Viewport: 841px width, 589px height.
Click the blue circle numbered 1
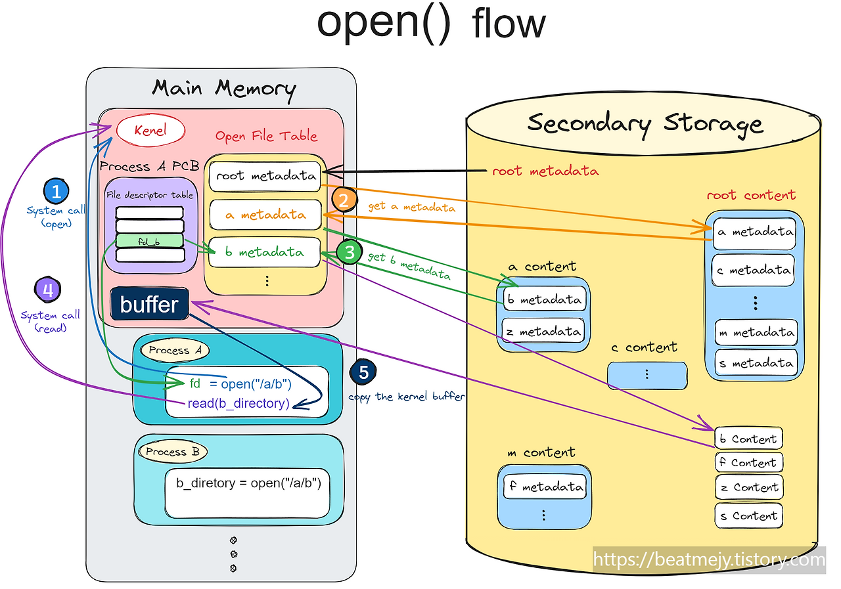click(56, 192)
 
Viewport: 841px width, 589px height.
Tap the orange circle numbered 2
click(344, 199)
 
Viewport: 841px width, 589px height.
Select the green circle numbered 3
click(350, 251)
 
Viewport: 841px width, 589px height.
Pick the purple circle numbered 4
click(47, 290)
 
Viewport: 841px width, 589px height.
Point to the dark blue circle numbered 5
click(363, 372)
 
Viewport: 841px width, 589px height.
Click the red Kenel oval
click(150, 130)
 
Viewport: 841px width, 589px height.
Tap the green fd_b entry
click(149, 240)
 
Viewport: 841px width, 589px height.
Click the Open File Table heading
click(266, 137)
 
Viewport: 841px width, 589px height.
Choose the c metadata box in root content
click(754, 270)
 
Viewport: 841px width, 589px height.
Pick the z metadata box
click(543, 332)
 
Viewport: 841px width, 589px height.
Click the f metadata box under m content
click(543, 487)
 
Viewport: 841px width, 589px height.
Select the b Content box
click(748, 439)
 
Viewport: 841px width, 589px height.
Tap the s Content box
click(748, 515)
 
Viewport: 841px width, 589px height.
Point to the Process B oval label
click(173, 452)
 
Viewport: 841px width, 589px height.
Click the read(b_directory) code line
click(239, 403)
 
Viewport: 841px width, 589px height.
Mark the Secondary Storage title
click(645, 123)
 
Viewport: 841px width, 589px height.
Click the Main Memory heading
click(223, 88)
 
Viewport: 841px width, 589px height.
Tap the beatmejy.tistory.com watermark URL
click(708, 560)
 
